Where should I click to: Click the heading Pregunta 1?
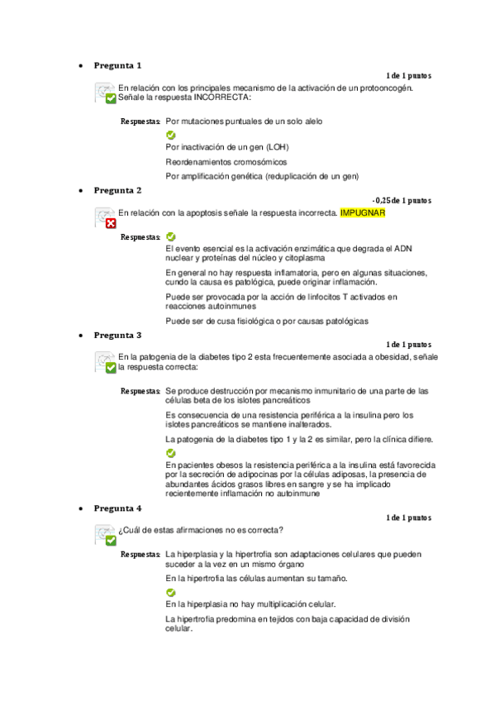point(117,65)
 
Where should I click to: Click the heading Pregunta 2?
point(117,190)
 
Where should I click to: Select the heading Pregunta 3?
point(117,336)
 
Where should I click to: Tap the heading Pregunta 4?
point(117,508)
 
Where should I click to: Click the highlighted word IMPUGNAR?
point(363,213)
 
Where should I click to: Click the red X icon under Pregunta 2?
point(111,223)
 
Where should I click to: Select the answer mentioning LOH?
point(227,147)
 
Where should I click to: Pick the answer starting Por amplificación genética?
point(262,175)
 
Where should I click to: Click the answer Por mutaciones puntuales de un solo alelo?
point(244,121)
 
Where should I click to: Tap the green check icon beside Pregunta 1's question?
point(111,98)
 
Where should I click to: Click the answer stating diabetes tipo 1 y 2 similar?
point(299,438)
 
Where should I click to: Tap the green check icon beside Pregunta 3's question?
point(111,367)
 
